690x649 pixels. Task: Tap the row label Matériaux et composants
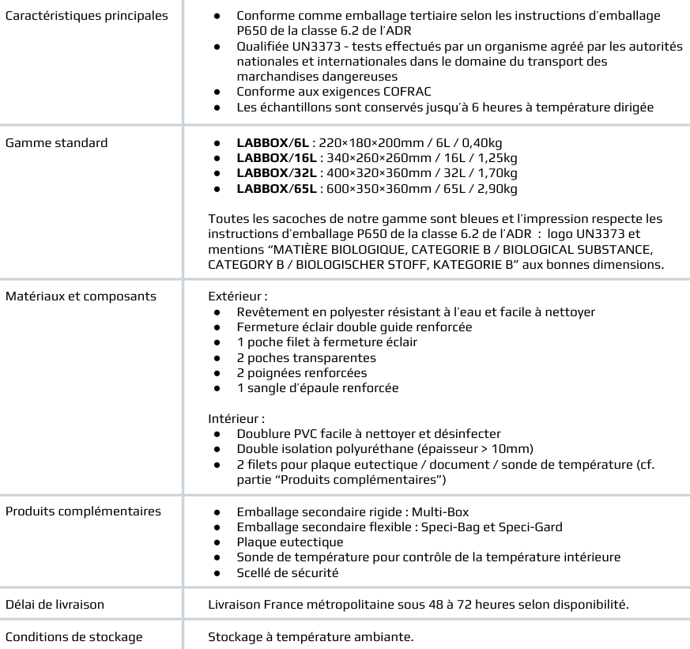point(80,297)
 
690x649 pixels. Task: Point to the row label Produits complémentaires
point(82,511)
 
